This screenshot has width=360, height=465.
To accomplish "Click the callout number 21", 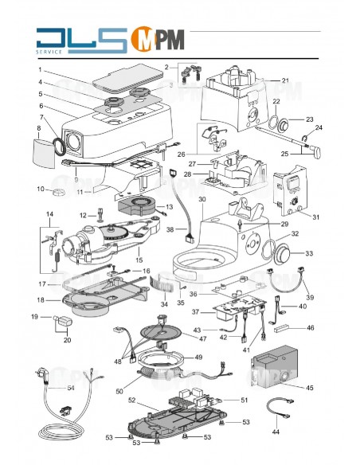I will pyautogui.click(x=285, y=80).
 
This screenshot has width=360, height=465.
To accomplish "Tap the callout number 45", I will pyautogui.click(x=310, y=388).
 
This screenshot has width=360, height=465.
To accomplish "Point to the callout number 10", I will pyautogui.click(x=39, y=189).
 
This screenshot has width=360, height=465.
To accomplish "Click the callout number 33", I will pyautogui.click(x=310, y=254).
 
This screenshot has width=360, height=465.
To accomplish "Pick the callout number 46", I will pyautogui.click(x=311, y=327).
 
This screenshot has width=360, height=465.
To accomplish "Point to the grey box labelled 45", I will pyautogui.click(x=273, y=370).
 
